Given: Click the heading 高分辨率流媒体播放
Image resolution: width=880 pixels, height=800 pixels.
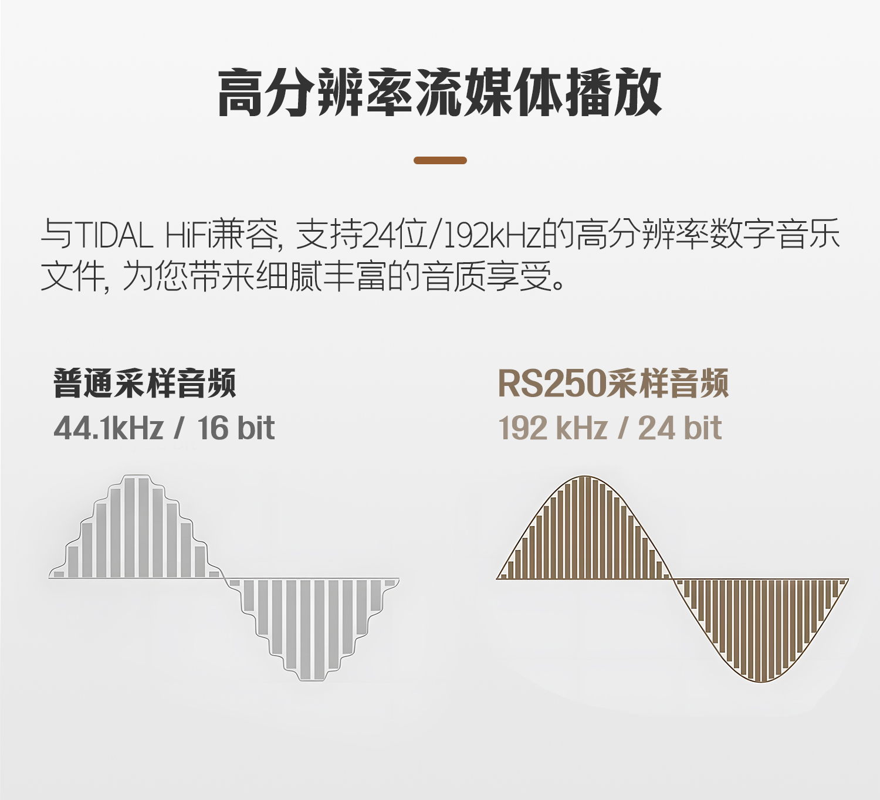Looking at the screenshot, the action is tap(439, 93).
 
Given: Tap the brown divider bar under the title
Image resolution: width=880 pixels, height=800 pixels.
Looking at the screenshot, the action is tap(440, 161).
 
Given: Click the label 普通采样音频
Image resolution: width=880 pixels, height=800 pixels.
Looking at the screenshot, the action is tap(145, 383).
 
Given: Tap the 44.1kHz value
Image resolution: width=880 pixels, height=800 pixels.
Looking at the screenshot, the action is tap(109, 428).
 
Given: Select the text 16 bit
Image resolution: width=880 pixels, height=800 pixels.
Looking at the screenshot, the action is tap(236, 428).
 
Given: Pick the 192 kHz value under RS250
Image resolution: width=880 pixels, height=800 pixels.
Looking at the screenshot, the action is tap(553, 428).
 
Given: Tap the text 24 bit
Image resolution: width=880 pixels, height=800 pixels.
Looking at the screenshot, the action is tap(680, 428).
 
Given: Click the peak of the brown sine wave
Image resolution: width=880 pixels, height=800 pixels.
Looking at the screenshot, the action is tap(585, 476).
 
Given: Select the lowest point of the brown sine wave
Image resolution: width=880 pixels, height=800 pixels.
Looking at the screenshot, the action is tap(761, 682).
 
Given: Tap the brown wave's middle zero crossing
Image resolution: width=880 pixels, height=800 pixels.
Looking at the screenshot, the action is tap(672, 578).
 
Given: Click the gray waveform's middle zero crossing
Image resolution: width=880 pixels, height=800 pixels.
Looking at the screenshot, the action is tap(224, 578).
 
